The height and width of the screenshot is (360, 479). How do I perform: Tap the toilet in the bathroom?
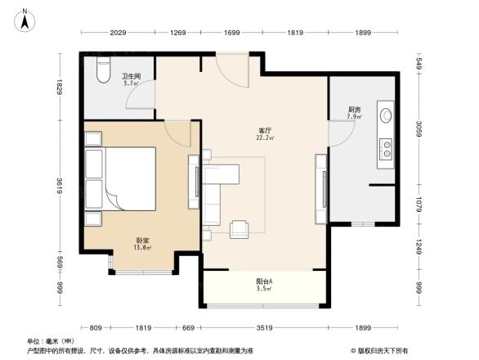[x=102, y=73]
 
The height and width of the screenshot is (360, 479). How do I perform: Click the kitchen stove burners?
[x=383, y=148]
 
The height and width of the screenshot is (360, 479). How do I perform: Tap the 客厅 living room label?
[x=266, y=130]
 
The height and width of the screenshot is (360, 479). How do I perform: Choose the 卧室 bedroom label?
[x=142, y=241]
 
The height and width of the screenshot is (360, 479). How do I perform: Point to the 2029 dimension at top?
[x=116, y=33]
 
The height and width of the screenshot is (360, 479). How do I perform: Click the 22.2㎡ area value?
[x=266, y=138]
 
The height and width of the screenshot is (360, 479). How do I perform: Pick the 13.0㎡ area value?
[x=142, y=248]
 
